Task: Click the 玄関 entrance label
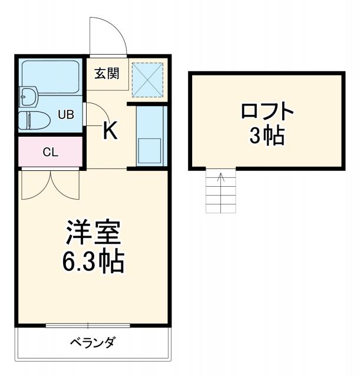107,74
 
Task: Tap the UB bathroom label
65,114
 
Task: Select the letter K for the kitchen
110,131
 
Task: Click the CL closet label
50,152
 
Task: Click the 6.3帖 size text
93,261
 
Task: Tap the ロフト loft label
267,111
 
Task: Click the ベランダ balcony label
93,342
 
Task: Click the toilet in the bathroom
32,120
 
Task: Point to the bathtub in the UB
51,75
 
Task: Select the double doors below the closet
50,184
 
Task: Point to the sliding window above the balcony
88,325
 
